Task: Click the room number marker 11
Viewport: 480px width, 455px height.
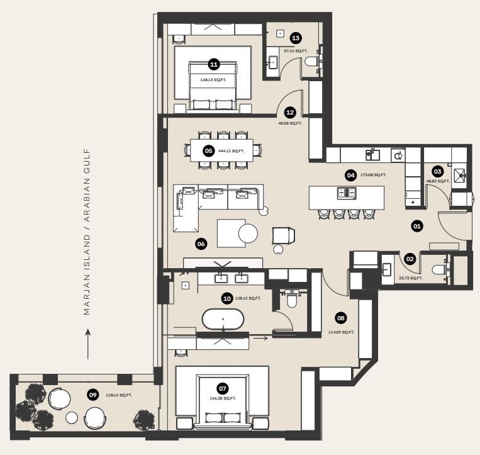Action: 214,64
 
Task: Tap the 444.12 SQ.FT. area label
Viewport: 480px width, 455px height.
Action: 231,151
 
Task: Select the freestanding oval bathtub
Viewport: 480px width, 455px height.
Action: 223,319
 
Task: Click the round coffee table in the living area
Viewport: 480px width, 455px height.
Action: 248,233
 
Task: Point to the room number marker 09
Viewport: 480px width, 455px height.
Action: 92,395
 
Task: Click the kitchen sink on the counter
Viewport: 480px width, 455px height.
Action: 373,155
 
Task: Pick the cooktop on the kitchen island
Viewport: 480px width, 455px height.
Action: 347,193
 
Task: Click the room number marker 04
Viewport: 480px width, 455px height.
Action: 350,175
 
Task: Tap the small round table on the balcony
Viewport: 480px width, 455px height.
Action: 72,418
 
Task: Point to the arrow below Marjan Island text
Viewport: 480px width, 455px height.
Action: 88,344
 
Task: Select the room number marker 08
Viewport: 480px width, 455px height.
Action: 341,318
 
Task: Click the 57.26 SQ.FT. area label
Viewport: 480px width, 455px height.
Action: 296,51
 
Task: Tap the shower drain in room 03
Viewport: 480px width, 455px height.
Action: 460,175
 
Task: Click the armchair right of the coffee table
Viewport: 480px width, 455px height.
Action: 283,236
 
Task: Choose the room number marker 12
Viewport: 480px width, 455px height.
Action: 289,113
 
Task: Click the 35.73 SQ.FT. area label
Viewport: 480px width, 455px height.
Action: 411,278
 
